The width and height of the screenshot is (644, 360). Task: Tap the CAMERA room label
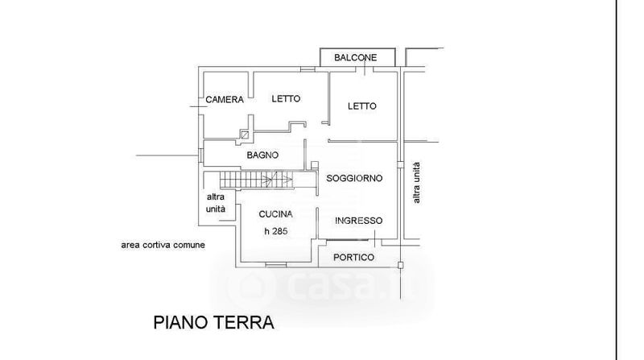(225, 100)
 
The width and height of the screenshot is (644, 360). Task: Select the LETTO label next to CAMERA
(286, 98)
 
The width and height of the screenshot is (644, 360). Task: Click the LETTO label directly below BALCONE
(362, 106)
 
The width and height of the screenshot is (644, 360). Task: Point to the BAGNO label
(262, 155)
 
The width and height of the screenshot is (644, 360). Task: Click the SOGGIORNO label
(354, 177)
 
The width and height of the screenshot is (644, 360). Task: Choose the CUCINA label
(275, 214)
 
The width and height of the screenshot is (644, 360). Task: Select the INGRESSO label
(358, 221)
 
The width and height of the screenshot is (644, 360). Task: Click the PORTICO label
(354, 257)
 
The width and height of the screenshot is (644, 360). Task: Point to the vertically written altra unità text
(416, 183)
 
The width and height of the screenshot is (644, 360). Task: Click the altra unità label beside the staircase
(217, 203)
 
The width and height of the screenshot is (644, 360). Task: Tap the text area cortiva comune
(163, 244)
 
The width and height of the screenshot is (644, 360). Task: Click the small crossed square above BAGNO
(245, 135)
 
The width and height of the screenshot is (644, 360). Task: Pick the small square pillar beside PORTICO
(401, 264)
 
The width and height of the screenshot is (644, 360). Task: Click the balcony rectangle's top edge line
(357, 49)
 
